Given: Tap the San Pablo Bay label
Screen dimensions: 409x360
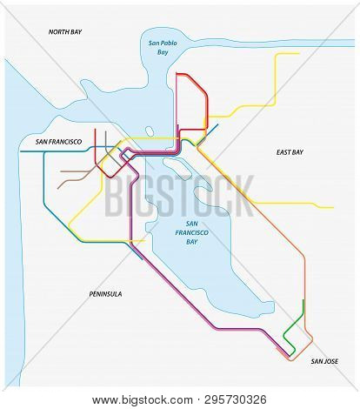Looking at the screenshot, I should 160,48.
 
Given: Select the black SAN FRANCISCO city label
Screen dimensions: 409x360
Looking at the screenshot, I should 53,140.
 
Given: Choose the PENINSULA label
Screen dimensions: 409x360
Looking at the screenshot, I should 105,294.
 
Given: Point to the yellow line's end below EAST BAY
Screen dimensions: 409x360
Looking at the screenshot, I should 333,207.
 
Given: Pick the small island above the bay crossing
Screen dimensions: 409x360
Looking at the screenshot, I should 150,131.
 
